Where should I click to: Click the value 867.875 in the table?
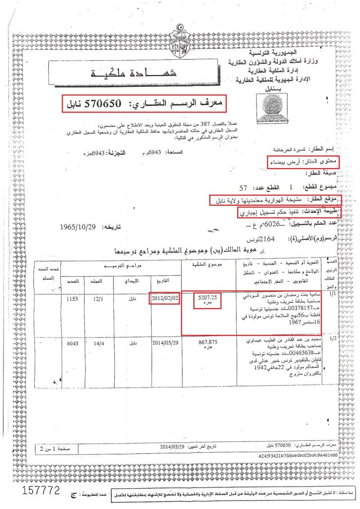[208, 342]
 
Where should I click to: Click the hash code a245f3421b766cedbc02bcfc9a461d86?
[298, 454]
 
